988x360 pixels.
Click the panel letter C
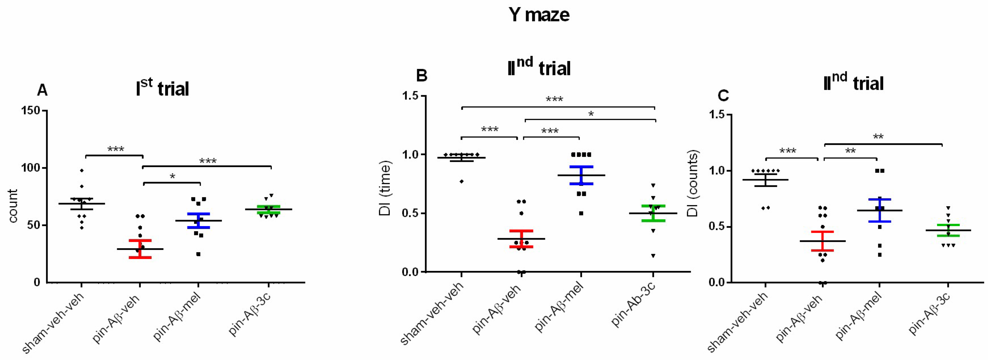(x=723, y=95)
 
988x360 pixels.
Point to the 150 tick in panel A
(x=31, y=111)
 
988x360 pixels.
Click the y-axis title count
(x=13, y=206)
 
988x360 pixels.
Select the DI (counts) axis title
(x=693, y=183)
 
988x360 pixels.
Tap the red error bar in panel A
(x=140, y=249)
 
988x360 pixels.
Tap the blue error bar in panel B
(x=581, y=175)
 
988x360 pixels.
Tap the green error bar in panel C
(x=948, y=230)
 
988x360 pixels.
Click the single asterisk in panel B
(x=591, y=114)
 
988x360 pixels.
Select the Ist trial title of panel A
(x=162, y=88)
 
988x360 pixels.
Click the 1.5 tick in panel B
(x=410, y=96)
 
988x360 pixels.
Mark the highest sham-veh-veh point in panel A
(x=82, y=170)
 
